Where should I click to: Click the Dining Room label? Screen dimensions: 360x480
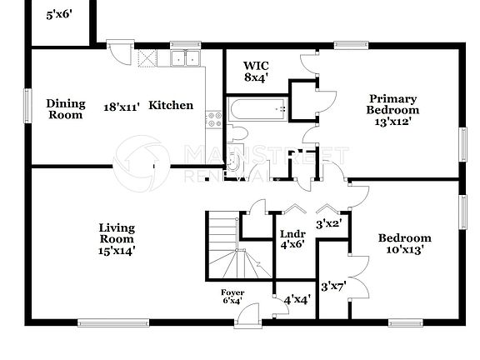click(65, 109)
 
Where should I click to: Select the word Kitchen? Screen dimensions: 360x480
click(171, 106)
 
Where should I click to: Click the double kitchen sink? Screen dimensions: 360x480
click(184, 58)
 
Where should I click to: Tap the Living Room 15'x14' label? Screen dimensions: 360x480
click(117, 238)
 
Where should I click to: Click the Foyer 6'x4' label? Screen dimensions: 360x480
click(232, 297)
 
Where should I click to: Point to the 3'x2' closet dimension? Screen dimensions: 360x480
click(329, 222)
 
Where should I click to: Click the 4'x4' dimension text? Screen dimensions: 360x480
click(297, 299)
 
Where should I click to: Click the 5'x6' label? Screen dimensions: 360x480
click(60, 14)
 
